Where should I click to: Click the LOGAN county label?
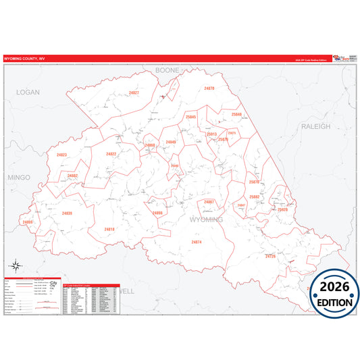tap(28, 92)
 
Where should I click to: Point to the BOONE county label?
tap(167, 70)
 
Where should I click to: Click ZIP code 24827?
tap(134, 93)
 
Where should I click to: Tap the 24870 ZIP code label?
tap(209, 88)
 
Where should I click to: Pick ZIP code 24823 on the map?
tap(62, 155)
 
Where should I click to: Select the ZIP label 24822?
tap(111, 154)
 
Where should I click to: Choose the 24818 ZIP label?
tap(109, 230)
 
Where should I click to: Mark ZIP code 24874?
tap(196, 242)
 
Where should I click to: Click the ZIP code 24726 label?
tap(271, 257)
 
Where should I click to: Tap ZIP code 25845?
tap(191, 117)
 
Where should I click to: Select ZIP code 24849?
tap(170, 142)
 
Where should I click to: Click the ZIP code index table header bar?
tap(90, 286)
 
